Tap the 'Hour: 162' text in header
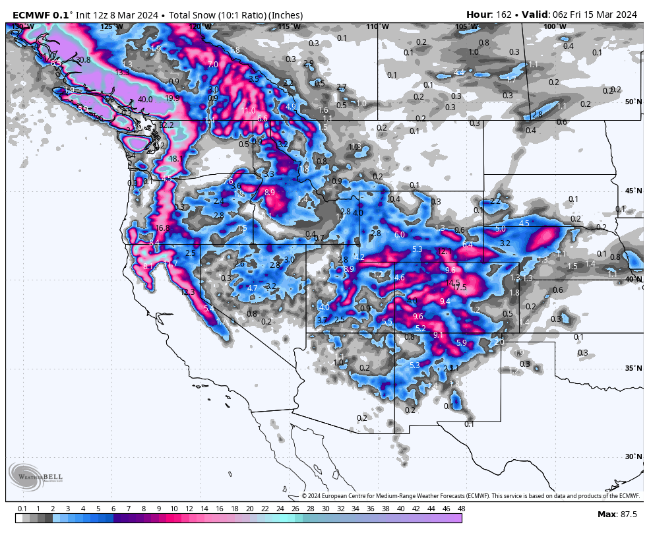coord(489,15)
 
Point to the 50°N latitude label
coord(633,102)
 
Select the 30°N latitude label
coord(633,456)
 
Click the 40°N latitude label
coord(633,279)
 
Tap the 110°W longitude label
coord(373,26)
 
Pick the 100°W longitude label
coord(551,26)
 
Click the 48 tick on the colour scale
coord(461,509)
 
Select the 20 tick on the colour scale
coord(249,509)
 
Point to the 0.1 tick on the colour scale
coord(22,509)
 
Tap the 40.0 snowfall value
coord(145,100)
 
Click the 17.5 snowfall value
coord(458,287)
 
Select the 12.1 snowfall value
coord(445,251)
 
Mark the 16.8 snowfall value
coord(162,228)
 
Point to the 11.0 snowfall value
coord(248,110)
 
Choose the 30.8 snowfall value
coord(83,59)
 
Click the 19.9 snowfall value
coord(171,98)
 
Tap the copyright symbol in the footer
coord(305,496)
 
